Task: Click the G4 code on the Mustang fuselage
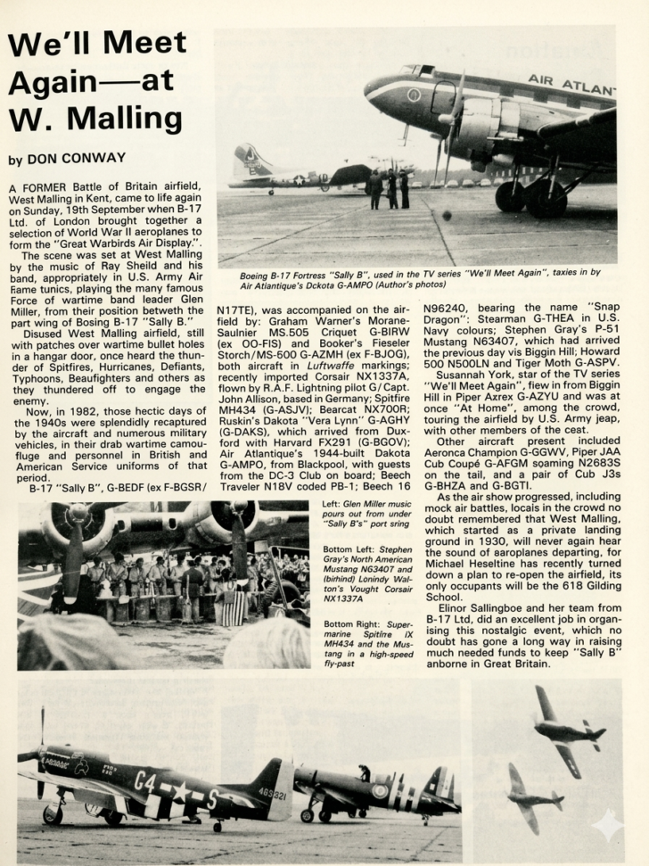click(x=145, y=780)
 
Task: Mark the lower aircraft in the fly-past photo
click(x=532, y=796)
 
